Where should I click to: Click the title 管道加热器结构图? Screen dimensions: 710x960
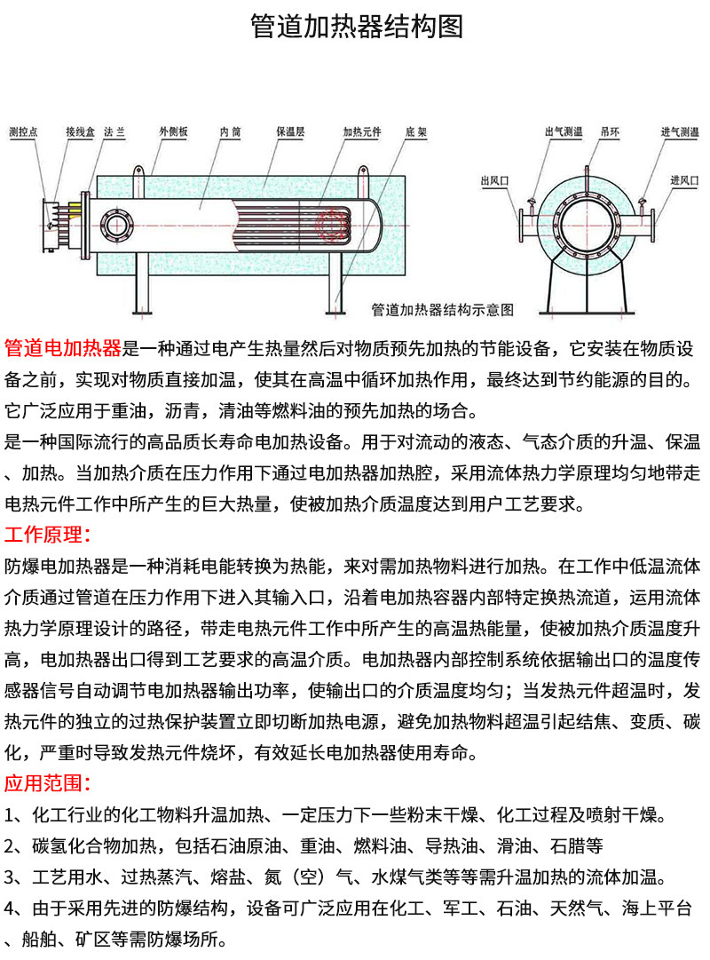tap(357, 27)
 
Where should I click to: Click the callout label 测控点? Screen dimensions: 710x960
tap(23, 131)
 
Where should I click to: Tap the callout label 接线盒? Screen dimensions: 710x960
tap(80, 131)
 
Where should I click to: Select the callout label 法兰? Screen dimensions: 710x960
tap(114, 131)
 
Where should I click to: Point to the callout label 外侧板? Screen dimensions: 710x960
tap(173, 131)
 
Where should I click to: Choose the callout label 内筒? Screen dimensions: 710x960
tap(231, 131)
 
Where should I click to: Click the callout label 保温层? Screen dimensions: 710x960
tap(290, 131)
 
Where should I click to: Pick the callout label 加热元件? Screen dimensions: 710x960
tap(362, 131)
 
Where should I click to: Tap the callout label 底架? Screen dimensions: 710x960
tap(416, 131)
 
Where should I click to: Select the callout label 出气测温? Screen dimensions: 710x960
tap(564, 131)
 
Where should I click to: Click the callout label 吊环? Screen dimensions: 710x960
tap(610, 131)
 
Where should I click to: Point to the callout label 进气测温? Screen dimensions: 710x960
tap(680, 131)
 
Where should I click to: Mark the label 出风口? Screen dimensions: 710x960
tap(494, 180)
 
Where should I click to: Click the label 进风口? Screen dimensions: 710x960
tap(684, 180)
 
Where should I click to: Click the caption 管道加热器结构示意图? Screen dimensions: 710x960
tap(443, 310)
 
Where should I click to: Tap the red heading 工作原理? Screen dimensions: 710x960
tap(48, 535)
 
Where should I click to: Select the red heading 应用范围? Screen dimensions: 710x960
tap(48, 783)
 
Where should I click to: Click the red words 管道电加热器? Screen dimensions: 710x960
tap(63, 348)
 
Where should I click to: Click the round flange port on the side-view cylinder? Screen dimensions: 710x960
tap(115, 226)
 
